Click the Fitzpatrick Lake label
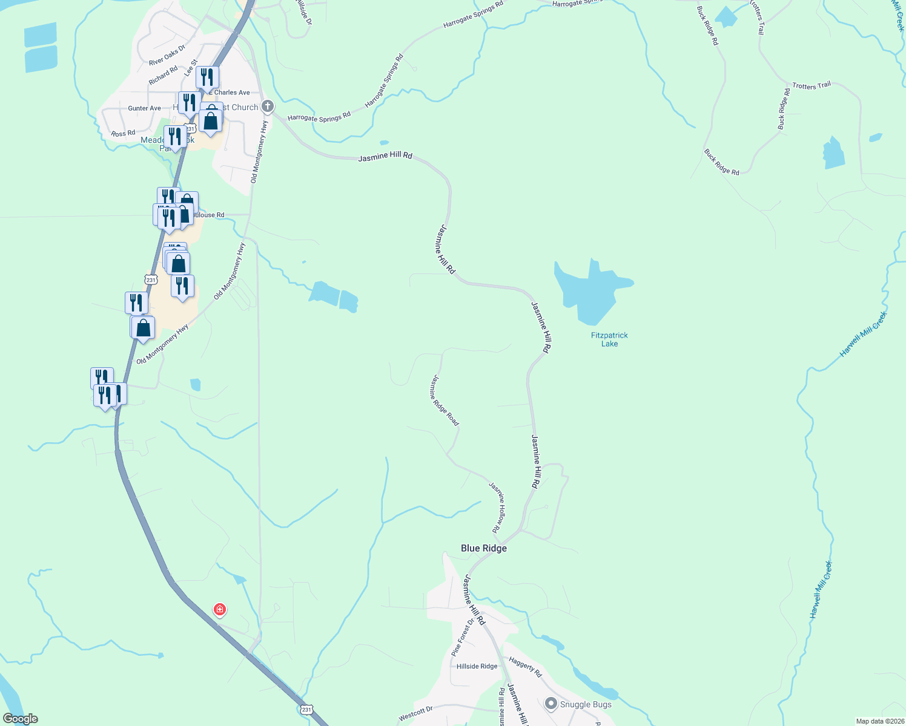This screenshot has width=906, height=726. pyautogui.click(x=609, y=339)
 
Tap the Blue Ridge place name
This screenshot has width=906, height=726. pyautogui.click(x=483, y=548)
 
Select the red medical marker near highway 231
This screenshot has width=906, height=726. pyautogui.click(x=220, y=609)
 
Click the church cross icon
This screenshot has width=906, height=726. pyautogui.click(x=267, y=106)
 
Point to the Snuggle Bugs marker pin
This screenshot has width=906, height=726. pyautogui.click(x=551, y=704)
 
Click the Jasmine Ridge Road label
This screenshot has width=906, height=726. pyautogui.click(x=445, y=400)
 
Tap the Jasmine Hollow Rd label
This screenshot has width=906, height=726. pyautogui.click(x=497, y=507)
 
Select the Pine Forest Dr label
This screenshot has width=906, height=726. pyautogui.click(x=464, y=638)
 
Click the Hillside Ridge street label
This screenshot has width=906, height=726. pyautogui.click(x=477, y=666)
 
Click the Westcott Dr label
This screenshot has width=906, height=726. pyautogui.click(x=415, y=713)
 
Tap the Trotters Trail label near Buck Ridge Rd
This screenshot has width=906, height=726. pyautogui.click(x=811, y=86)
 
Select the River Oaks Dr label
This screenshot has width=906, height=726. pyautogui.click(x=167, y=55)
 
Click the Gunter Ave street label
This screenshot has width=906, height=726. pyautogui.click(x=144, y=108)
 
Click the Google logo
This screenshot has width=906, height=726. pyautogui.click(x=20, y=719)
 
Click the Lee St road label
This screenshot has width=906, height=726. pyautogui.click(x=191, y=68)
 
